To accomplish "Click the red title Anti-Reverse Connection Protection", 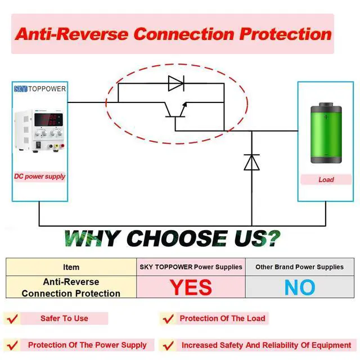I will (x=173, y=33).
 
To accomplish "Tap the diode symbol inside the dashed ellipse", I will (x=176, y=84).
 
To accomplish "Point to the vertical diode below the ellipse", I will (x=251, y=161).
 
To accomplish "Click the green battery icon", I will (x=326, y=133).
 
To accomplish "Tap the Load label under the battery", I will (x=326, y=180).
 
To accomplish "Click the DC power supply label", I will (x=40, y=177).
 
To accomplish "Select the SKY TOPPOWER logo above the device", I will (x=40, y=89).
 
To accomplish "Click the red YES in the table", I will (x=191, y=287).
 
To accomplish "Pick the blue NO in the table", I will (x=299, y=287).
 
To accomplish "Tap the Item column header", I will (x=71, y=267).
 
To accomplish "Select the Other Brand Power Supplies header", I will (x=299, y=267).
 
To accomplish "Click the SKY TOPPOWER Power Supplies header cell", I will (x=191, y=267).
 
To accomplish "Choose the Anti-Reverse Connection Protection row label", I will (x=71, y=287).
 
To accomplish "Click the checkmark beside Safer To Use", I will (x=12, y=319).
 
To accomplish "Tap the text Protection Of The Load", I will (x=222, y=318).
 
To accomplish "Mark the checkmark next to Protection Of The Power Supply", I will (x=12, y=345).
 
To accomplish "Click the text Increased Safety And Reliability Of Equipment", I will (x=266, y=345).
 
